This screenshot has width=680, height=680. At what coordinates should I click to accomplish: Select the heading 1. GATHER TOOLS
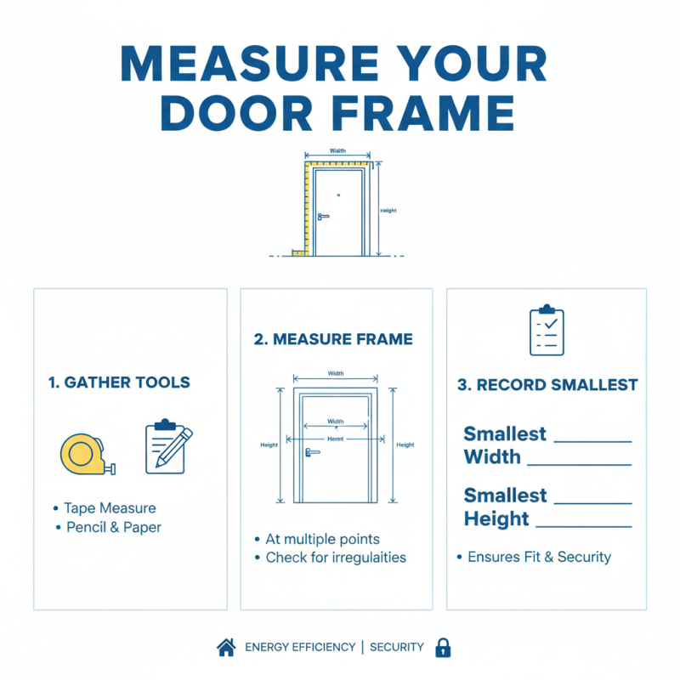119,382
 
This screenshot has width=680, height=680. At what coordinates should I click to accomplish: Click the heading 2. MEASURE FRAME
333,339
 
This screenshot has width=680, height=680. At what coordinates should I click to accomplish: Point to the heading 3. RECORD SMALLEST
547,385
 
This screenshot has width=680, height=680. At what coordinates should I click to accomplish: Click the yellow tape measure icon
86,453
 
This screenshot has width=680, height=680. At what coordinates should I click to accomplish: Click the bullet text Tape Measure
110,508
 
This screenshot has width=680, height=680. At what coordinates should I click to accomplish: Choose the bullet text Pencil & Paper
114,527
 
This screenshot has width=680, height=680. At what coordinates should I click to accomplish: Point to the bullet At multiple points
322,539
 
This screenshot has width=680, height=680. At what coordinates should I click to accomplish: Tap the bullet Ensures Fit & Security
539,557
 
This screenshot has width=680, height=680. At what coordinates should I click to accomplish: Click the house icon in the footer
226,648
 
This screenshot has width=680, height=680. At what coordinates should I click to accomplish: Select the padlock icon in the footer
443,648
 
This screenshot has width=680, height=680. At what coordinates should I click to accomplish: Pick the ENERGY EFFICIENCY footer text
300,648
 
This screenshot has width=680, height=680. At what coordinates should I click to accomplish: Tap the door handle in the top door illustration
323,217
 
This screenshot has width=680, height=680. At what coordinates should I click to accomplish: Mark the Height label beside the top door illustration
388,211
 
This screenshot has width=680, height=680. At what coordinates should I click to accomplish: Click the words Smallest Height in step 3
506,507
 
